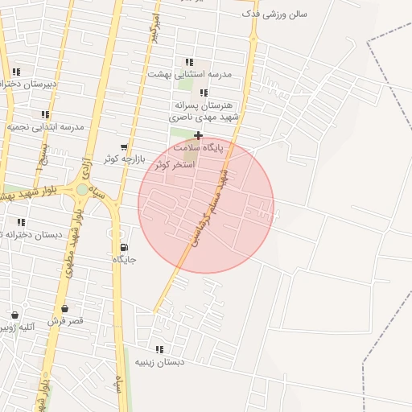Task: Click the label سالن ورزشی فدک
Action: [274, 14]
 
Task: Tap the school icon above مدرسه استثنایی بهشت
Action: [189, 62]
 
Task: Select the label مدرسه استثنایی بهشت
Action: [190, 74]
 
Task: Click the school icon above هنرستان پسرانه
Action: [204, 93]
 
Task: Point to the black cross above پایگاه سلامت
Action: [198, 135]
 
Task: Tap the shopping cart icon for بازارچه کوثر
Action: [123, 147]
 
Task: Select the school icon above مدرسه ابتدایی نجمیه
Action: [45, 115]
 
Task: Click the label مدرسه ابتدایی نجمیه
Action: [46, 127]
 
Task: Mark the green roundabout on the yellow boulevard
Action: [82, 190]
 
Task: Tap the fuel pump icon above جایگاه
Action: [123, 247]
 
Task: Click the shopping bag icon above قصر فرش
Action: [64, 308]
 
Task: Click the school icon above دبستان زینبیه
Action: [159, 349]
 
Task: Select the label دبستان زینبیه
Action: [159, 362]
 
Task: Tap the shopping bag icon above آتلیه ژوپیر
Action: [14, 315]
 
